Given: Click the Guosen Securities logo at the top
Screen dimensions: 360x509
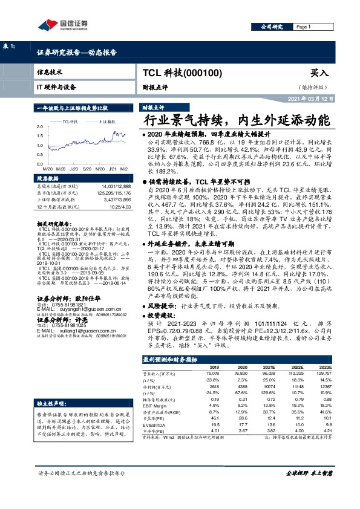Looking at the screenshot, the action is tap(63, 25).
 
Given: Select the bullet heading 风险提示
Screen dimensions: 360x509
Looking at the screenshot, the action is tap(166, 306).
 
